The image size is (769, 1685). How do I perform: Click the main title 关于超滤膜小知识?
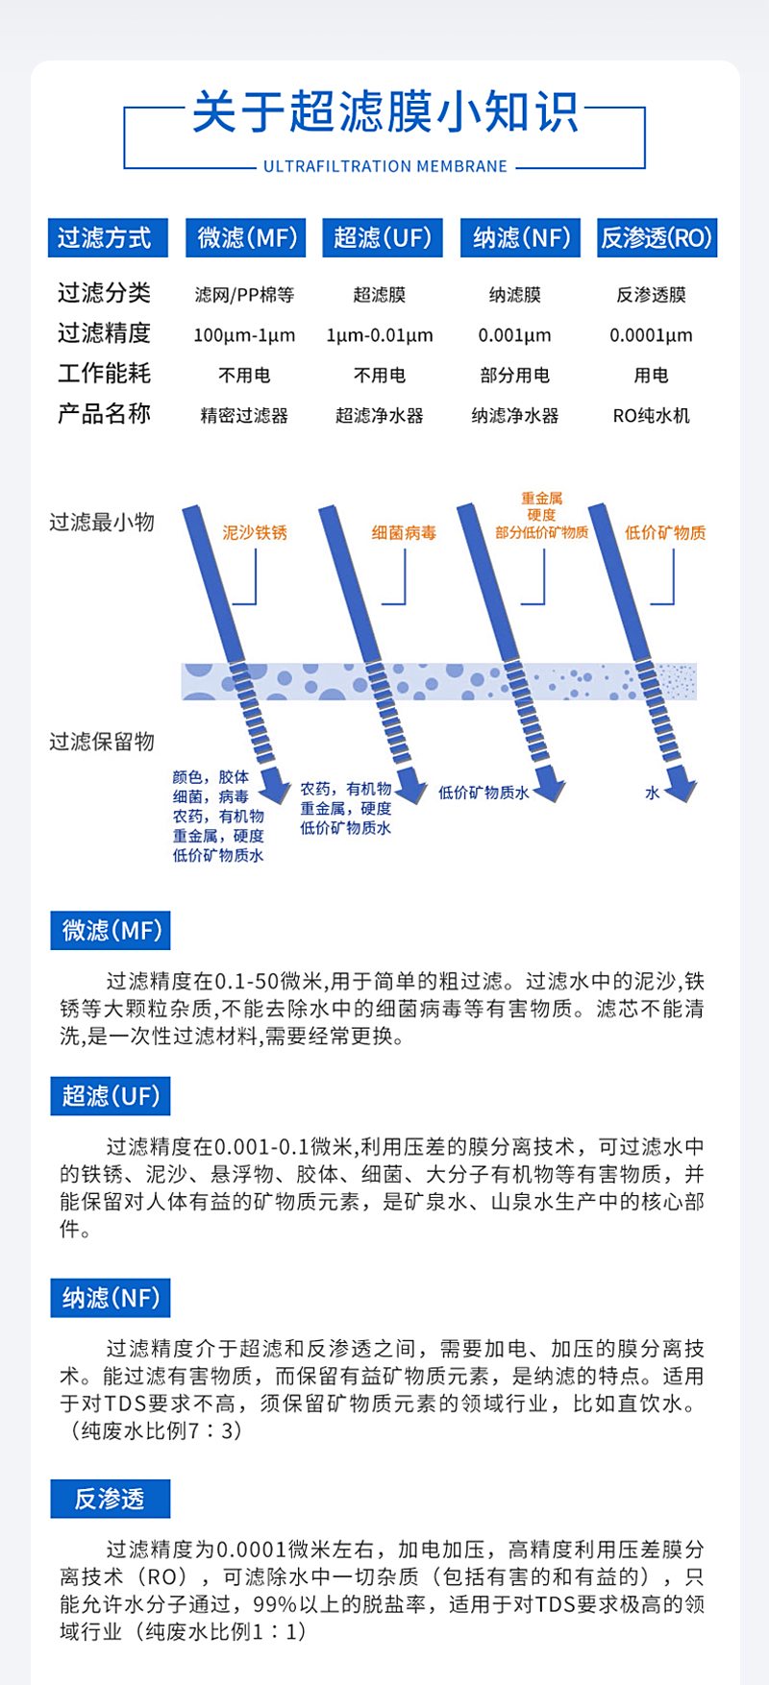384,112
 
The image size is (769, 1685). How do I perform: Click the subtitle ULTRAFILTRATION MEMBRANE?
385,166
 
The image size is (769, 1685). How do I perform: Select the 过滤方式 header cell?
108,238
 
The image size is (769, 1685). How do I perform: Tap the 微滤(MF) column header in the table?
245,238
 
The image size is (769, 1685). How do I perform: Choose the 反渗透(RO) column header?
657,238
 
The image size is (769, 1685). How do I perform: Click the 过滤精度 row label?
104,333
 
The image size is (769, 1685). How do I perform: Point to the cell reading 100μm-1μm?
244,335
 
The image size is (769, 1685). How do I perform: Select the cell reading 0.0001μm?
651,335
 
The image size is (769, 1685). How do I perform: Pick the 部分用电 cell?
515,376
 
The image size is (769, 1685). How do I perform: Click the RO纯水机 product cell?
652,416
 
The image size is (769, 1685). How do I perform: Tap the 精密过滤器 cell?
244,416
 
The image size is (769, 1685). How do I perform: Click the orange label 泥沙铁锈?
255,532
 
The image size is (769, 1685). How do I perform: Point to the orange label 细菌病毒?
404,532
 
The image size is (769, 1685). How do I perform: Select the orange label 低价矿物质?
665,532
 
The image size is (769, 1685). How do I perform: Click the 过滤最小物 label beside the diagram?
102,523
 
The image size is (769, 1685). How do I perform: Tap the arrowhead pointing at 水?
682,790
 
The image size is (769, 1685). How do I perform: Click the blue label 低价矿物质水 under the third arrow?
484,794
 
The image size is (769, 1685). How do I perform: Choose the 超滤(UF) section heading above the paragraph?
111,1096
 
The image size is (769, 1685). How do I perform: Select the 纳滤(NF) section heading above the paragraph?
111,1299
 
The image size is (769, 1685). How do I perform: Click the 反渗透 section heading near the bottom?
111,1499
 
